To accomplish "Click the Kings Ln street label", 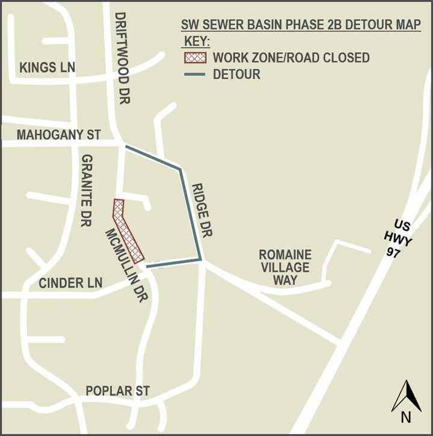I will (x=48, y=67).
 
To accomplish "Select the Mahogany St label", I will (x=58, y=135).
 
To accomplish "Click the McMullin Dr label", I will (x=126, y=265).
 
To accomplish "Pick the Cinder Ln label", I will (x=70, y=283).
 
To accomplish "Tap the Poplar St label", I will (x=117, y=392).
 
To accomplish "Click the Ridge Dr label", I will (x=202, y=210).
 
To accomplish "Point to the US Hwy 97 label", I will (x=397, y=238).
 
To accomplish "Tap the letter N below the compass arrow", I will (x=406, y=417).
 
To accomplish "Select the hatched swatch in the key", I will (x=195, y=58).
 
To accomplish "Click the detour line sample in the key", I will (x=195, y=75).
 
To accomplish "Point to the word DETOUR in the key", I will (x=236, y=75).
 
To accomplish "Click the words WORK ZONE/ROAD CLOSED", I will (x=291, y=58).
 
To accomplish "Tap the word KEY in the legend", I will (x=196, y=42).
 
